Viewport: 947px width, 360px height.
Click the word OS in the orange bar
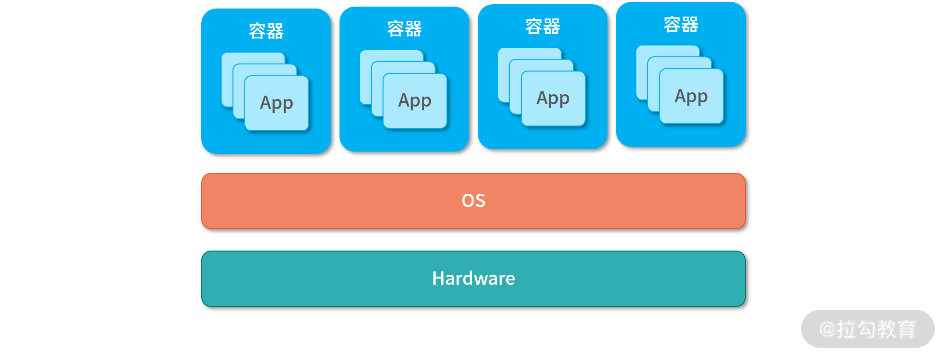click(x=473, y=200)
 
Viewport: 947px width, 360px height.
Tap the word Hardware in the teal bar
click(x=473, y=279)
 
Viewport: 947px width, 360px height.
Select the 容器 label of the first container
click(x=266, y=31)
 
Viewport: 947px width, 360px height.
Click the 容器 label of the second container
click(x=404, y=29)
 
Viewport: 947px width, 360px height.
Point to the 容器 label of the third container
click(x=543, y=27)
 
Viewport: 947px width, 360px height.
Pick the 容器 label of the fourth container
click(x=681, y=25)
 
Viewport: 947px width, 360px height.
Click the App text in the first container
click(x=277, y=103)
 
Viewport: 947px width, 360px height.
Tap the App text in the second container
click(x=415, y=100)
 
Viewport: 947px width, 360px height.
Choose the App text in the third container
click(x=553, y=98)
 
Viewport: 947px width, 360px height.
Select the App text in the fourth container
click(x=691, y=96)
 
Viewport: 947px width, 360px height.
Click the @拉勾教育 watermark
click(x=867, y=329)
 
